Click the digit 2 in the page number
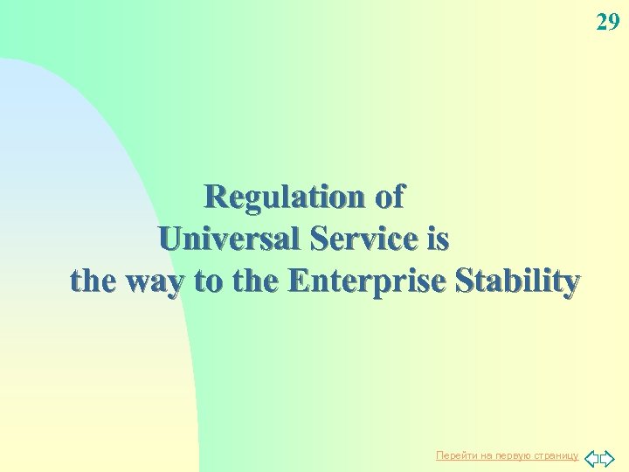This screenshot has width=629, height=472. [602, 22]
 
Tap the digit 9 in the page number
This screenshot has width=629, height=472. [613, 22]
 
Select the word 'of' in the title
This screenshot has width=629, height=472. [390, 197]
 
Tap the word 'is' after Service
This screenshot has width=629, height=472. [437, 239]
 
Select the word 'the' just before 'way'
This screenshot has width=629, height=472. [96, 281]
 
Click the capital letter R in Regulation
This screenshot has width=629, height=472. [215, 197]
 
